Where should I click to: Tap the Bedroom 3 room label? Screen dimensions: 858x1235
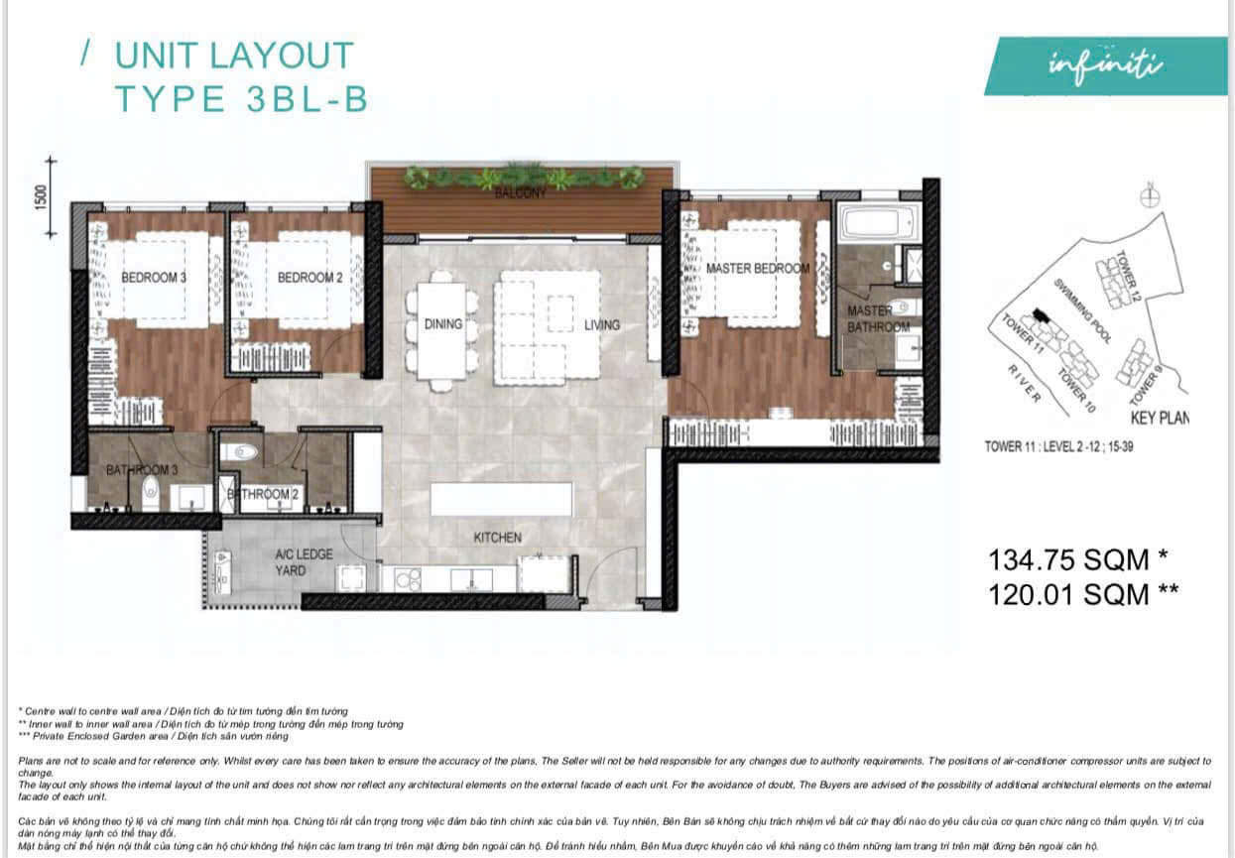(x=154, y=278)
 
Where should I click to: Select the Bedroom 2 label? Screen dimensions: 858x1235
(x=309, y=278)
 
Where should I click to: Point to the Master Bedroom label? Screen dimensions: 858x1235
(x=757, y=269)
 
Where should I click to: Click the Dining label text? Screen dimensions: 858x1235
(x=443, y=324)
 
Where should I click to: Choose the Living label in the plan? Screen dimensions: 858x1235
(x=601, y=324)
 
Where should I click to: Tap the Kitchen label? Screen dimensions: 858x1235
(x=497, y=538)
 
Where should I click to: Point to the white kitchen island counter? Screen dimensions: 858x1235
(x=501, y=499)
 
